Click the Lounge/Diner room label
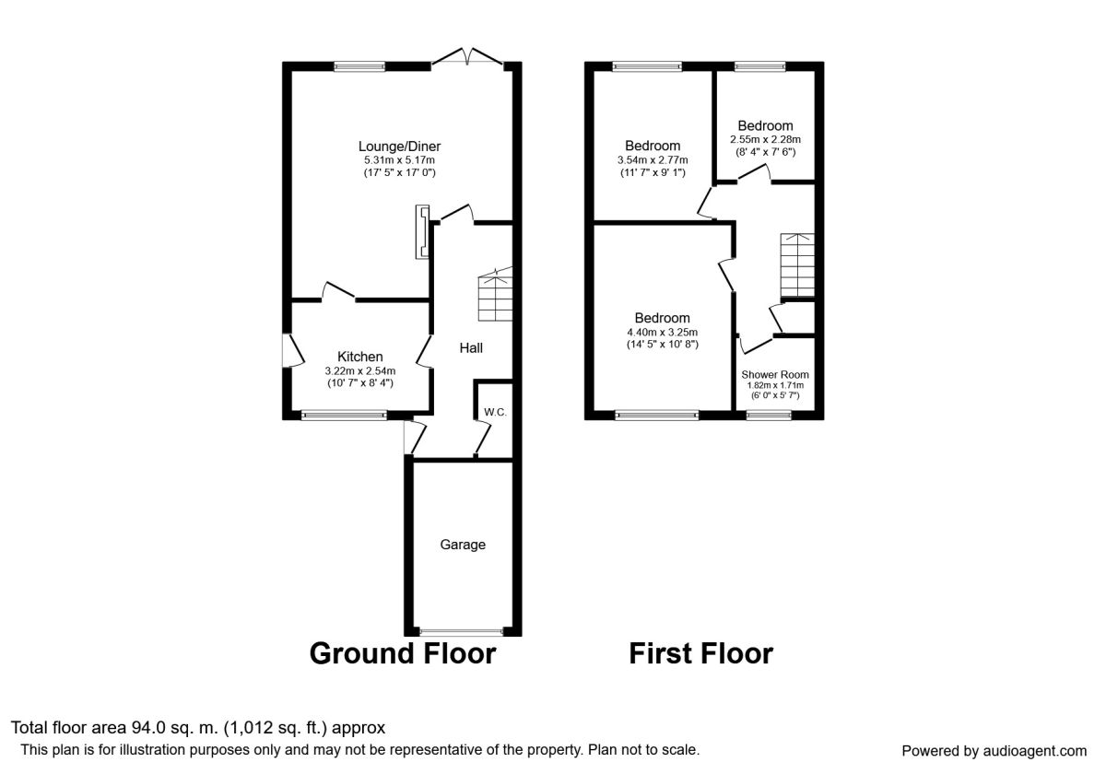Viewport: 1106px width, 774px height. click(x=399, y=147)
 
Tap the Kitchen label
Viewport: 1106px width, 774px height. click(x=360, y=357)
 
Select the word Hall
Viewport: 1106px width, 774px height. click(x=471, y=348)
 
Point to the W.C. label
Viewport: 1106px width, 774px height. click(x=495, y=412)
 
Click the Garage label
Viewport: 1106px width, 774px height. click(x=463, y=545)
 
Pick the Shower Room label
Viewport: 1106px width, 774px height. click(x=775, y=375)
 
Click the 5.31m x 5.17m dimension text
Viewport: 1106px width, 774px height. click(x=399, y=160)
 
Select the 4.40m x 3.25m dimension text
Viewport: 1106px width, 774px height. click(x=662, y=333)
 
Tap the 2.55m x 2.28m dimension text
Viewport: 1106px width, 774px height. click(x=765, y=140)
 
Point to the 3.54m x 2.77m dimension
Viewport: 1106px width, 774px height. click(x=653, y=160)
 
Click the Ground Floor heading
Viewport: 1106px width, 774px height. click(x=403, y=653)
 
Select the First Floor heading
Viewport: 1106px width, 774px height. click(x=700, y=653)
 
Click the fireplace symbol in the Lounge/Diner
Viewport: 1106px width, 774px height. click(x=422, y=231)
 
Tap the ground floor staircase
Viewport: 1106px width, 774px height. click(x=495, y=295)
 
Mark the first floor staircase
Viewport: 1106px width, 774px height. click(x=797, y=265)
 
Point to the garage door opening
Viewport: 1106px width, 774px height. click(x=461, y=631)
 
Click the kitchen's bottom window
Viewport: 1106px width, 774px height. click(x=344, y=416)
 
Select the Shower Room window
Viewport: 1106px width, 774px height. click(x=769, y=416)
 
